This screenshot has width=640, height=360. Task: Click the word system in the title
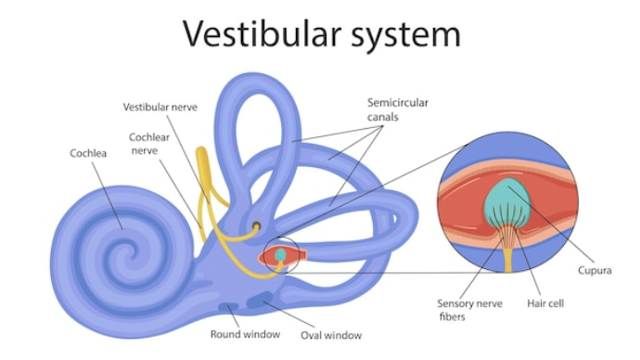tap(406, 36)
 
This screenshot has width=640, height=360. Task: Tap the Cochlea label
tap(88, 153)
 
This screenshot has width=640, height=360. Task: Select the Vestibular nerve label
tap(160, 108)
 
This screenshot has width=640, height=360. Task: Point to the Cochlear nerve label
tap(149, 144)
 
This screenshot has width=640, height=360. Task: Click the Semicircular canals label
tap(398, 109)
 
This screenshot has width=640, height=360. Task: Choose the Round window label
tap(245, 334)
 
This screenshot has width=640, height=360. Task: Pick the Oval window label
tap(331, 335)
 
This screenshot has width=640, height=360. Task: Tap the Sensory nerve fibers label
tap(469, 310)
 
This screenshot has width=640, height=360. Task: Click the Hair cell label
tap(545, 303)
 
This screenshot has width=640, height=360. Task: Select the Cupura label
tap(595, 271)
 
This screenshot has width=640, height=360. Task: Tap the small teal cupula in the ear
tap(280, 254)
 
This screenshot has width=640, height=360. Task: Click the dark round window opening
tap(228, 306)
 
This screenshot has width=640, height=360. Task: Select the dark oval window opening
tap(260, 301)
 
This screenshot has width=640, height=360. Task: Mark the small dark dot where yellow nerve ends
tap(256, 225)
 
